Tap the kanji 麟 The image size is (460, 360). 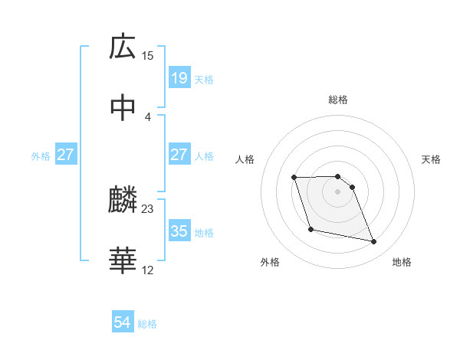(x=123, y=201)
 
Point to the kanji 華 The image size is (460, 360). (x=123, y=260)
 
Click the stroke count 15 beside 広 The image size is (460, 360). (x=148, y=55)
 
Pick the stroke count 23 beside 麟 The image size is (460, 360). (x=148, y=208)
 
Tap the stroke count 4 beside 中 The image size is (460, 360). (x=148, y=116)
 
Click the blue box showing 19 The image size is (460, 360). (x=179, y=77)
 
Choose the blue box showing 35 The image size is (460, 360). (x=179, y=231)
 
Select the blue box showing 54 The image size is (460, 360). (x=123, y=323)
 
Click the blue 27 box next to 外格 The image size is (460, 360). (x=66, y=155)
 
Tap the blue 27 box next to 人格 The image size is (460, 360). (x=179, y=155)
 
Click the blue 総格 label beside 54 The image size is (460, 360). (x=147, y=324)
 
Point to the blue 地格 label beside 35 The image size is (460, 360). (x=204, y=232)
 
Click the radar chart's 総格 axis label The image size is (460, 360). (x=338, y=100)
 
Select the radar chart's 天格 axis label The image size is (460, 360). (x=432, y=159)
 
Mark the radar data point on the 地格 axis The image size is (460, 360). (x=374, y=242)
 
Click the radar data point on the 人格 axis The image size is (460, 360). (x=294, y=178)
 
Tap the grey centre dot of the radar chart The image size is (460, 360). (x=338, y=191)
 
